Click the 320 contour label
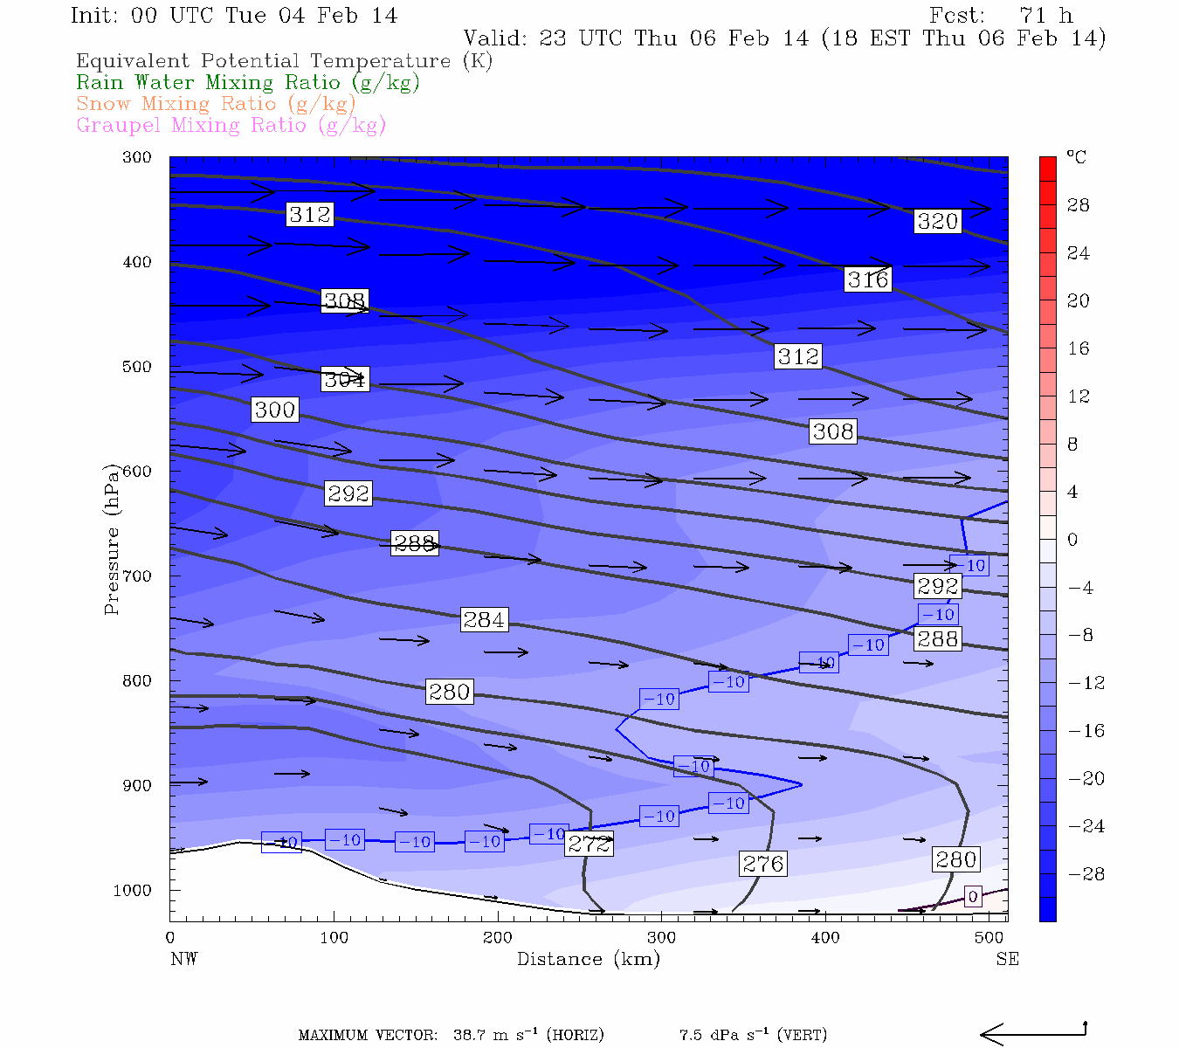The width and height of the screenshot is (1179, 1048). coord(937,221)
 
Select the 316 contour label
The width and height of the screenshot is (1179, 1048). coord(867,279)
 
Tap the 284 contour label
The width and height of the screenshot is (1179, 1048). coord(484,620)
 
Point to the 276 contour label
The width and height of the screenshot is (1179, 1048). coord(763,864)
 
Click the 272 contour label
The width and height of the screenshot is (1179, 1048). coord(589,844)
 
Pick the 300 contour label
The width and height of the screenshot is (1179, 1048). coord(275,410)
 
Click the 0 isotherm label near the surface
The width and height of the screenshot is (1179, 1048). coord(973,896)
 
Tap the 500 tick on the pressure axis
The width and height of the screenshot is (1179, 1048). coord(137,367)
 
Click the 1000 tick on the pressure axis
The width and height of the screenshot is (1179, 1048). coord(133,890)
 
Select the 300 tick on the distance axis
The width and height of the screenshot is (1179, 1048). coord(661,938)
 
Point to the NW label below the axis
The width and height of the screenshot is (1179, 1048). coord(183,959)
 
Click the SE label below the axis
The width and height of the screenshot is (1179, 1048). coord(1007,959)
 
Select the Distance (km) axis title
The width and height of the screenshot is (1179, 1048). coord(588,959)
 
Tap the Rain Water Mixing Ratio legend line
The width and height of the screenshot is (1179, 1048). coord(248,82)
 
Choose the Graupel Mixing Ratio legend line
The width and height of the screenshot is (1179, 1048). coord(231,125)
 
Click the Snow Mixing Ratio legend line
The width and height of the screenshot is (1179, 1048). coord(216,103)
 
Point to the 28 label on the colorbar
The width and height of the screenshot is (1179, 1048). coord(1079,205)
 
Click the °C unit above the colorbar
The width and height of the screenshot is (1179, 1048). coord(1076,157)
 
